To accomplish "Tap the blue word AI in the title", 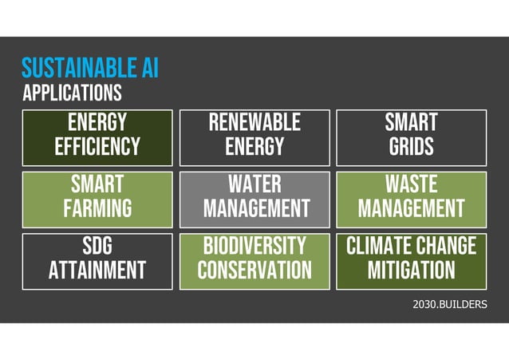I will pyautogui.click(x=148, y=67).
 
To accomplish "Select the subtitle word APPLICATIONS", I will pyautogui.click(x=73, y=93).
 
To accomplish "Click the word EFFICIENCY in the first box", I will pyautogui.click(x=97, y=147).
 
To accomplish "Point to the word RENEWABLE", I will pyautogui.click(x=254, y=123).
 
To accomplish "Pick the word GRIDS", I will pyautogui.click(x=411, y=147).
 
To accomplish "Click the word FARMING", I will pyautogui.click(x=97, y=209).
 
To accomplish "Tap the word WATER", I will pyautogui.click(x=254, y=184).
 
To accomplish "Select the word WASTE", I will pyautogui.click(x=411, y=184).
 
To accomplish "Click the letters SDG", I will pyautogui.click(x=97, y=245).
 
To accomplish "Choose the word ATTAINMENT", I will pyautogui.click(x=97, y=271).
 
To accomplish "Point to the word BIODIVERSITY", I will pyautogui.click(x=254, y=245).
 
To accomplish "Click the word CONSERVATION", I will pyautogui.click(x=254, y=271).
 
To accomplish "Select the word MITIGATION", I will pyautogui.click(x=411, y=271).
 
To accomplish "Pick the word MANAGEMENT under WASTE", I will pyautogui.click(x=411, y=209).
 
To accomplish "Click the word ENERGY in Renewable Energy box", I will pyautogui.click(x=254, y=147).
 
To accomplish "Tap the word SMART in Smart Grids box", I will pyautogui.click(x=411, y=123).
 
